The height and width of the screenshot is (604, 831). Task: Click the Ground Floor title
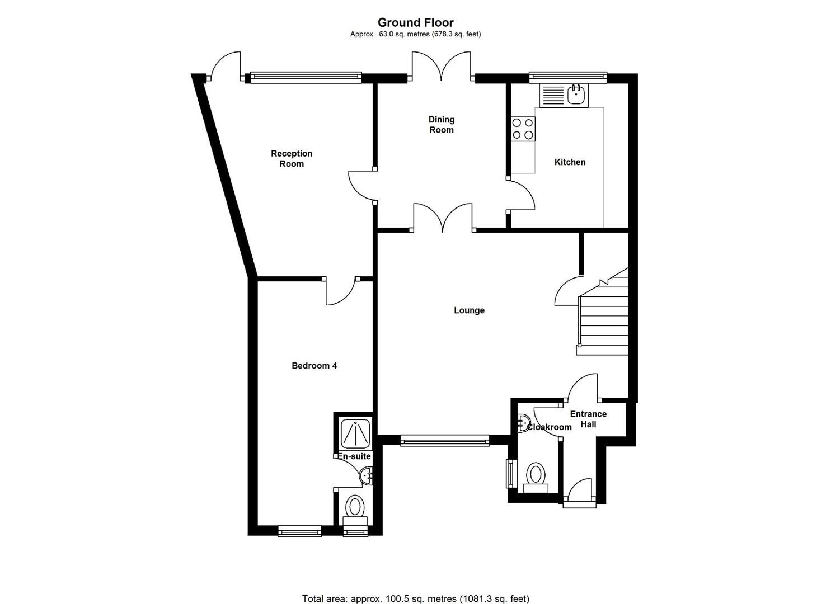pos(415,22)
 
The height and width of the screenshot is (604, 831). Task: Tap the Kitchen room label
pos(570,162)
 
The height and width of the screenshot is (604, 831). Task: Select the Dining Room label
pos(441,125)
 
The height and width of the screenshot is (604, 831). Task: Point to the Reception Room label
pos(292,159)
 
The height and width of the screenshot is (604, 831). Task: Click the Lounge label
pos(469,310)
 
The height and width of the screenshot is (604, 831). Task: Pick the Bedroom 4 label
pos(314,366)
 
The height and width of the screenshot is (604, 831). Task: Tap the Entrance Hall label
pos(588,419)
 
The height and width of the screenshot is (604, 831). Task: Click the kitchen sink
pos(562,95)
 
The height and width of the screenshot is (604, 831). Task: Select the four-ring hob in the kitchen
pos(523,129)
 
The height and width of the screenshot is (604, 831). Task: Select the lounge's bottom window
pos(445,441)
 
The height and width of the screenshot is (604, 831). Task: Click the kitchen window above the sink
pos(568,76)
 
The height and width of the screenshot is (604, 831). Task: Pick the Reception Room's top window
pos(305,78)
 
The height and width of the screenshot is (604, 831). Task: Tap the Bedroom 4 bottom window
pos(300,531)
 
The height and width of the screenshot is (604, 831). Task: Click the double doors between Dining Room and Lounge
pos(443,218)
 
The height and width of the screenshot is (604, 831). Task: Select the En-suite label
pos(354,456)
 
